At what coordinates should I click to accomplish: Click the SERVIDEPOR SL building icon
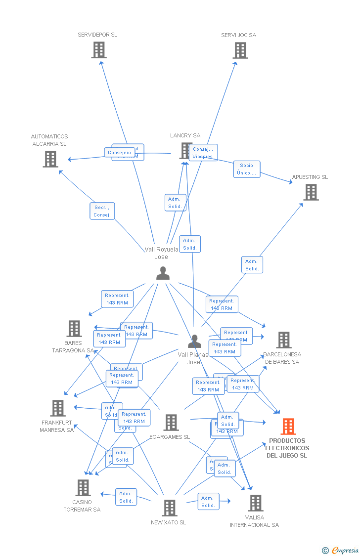coord(99,49)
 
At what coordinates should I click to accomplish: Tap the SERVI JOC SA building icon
coord(240,50)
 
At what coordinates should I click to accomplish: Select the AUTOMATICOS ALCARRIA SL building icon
coord(50,159)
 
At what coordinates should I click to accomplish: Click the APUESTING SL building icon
coord(311,192)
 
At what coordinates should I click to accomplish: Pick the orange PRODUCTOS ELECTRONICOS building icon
coord(288,426)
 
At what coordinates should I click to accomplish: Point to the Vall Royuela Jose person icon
coord(163,273)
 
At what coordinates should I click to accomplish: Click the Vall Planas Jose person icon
coord(195,342)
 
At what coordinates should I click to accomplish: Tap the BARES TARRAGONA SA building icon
coord(74,329)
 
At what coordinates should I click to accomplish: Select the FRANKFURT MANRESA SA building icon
coord(58,408)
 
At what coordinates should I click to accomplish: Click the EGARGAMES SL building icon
coord(171,423)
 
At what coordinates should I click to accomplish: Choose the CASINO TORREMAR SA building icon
coord(83,488)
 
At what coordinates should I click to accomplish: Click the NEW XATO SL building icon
coord(169,508)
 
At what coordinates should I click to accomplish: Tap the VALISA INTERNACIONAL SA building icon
coord(255,503)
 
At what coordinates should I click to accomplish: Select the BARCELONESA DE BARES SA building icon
coord(283,340)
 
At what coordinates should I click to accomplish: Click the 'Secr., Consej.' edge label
coord(102,211)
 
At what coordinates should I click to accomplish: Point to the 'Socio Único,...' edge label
coord(246,169)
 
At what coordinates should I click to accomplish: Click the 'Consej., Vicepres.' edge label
coord(203,153)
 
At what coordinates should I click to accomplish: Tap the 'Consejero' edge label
coord(119,153)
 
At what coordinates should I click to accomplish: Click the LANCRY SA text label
coord(185,135)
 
